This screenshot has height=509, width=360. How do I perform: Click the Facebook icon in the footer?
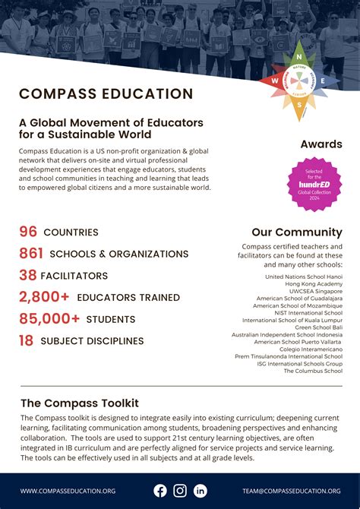tap(160, 491)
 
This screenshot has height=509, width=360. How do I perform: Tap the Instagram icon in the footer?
tap(180, 491)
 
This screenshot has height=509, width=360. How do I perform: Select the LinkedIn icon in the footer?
tap(200, 491)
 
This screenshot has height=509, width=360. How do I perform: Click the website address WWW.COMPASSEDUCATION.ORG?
tap(68, 492)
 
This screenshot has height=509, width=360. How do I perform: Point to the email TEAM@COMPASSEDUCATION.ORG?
tap(292, 492)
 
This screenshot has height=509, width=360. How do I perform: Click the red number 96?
tap(28, 232)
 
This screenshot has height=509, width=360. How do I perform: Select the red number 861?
tap(31, 254)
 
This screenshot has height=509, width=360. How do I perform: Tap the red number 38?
tap(28, 276)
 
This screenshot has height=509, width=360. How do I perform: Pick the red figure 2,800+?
tap(44, 297)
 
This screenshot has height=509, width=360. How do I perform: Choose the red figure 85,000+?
tap(49, 319)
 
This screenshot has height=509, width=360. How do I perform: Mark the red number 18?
tap(27, 341)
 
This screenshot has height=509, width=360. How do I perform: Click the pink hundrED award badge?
tap(314, 183)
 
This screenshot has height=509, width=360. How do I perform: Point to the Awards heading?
tap(321, 144)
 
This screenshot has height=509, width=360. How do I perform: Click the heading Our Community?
tap(297, 232)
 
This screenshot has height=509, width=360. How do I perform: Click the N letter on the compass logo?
tap(299, 55)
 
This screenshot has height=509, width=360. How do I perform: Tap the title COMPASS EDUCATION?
tap(106, 94)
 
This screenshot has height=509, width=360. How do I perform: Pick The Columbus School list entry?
tap(313, 371)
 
